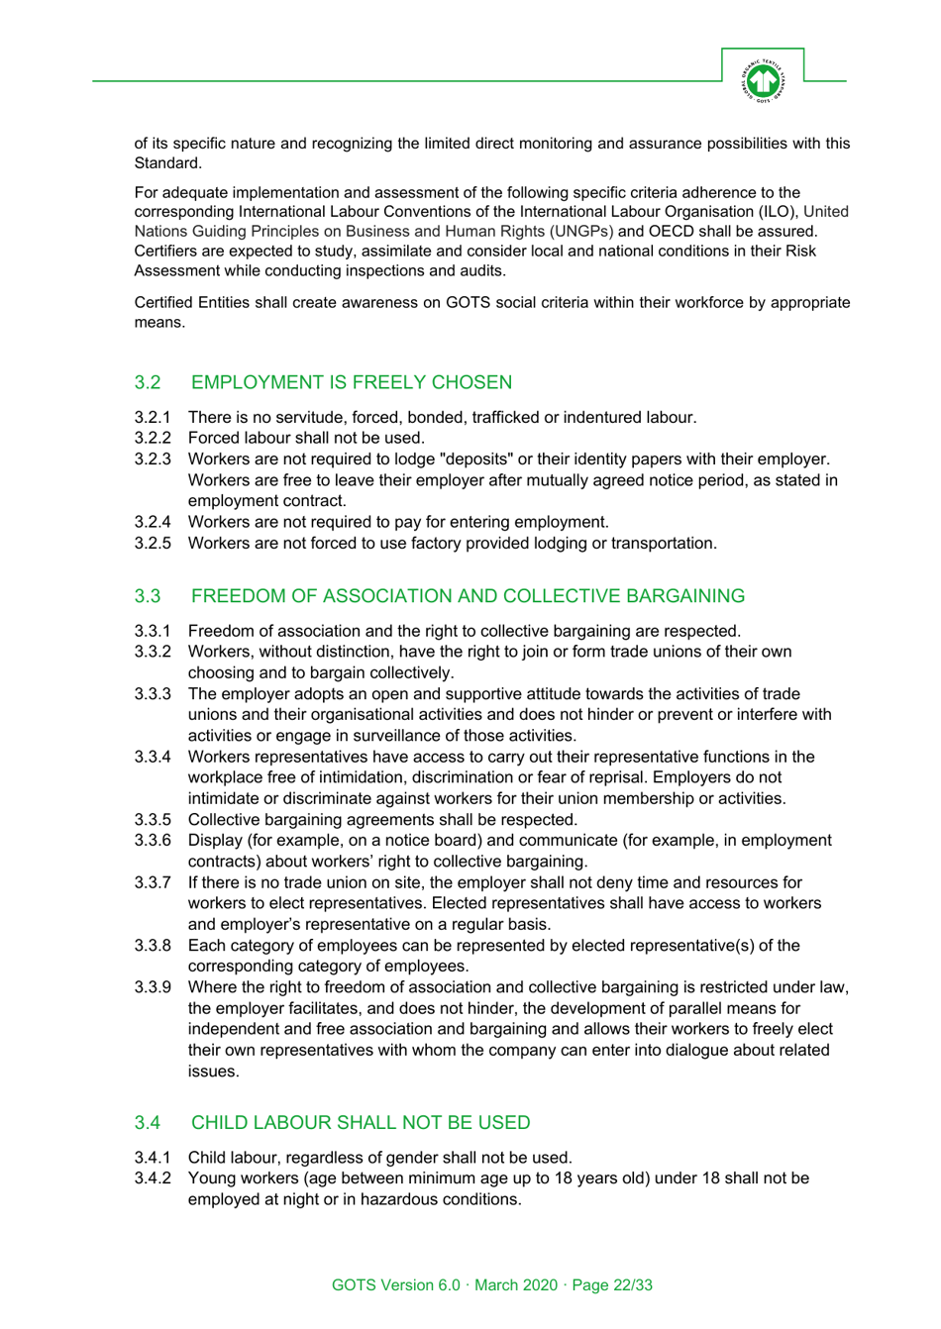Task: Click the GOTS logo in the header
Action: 763,80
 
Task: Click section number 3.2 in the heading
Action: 148,382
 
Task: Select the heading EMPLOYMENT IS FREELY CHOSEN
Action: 352,382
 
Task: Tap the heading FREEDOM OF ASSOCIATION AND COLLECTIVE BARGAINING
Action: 468,596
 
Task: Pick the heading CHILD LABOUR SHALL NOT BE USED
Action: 361,1122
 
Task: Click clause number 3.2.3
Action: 153,460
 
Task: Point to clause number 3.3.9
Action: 153,987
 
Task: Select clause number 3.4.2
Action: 153,1178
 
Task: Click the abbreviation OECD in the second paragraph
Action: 672,232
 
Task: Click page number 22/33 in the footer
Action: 633,1285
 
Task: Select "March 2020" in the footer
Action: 516,1285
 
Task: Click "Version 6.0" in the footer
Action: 420,1285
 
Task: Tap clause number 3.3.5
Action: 153,820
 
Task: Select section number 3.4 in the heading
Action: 148,1122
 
